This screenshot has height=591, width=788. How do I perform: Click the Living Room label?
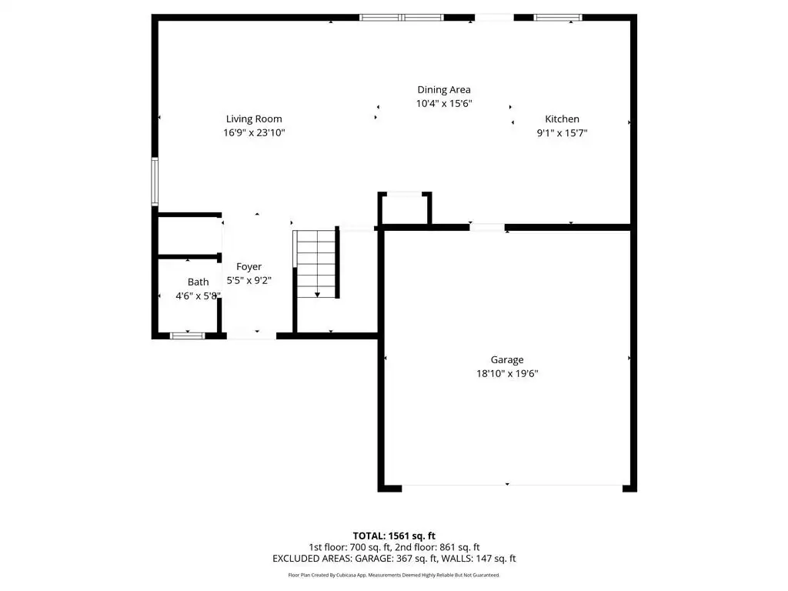click(254, 119)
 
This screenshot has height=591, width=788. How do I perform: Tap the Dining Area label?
click(444, 90)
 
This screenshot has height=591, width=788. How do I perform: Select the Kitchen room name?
click(562, 119)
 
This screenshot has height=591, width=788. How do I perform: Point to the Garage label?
click(507, 360)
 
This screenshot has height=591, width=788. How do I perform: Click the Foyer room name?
click(249, 267)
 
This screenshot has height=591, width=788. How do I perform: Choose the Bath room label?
click(198, 282)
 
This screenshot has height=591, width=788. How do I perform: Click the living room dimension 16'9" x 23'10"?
click(254, 132)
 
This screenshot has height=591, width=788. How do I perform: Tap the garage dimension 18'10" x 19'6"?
click(507, 373)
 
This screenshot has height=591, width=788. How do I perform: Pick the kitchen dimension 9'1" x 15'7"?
click(562, 133)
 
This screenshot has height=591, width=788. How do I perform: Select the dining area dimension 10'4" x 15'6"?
click(444, 104)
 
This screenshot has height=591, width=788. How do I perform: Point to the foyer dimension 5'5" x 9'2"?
click(249, 280)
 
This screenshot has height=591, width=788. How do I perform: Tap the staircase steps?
click(316, 264)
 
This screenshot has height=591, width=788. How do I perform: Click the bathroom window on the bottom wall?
click(188, 336)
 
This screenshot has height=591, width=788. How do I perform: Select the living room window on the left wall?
click(155, 182)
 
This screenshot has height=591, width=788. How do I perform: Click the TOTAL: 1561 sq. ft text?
click(394, 536)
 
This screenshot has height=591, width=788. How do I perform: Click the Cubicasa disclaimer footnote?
click(394, 575)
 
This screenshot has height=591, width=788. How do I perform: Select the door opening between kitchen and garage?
click(487, 228)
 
